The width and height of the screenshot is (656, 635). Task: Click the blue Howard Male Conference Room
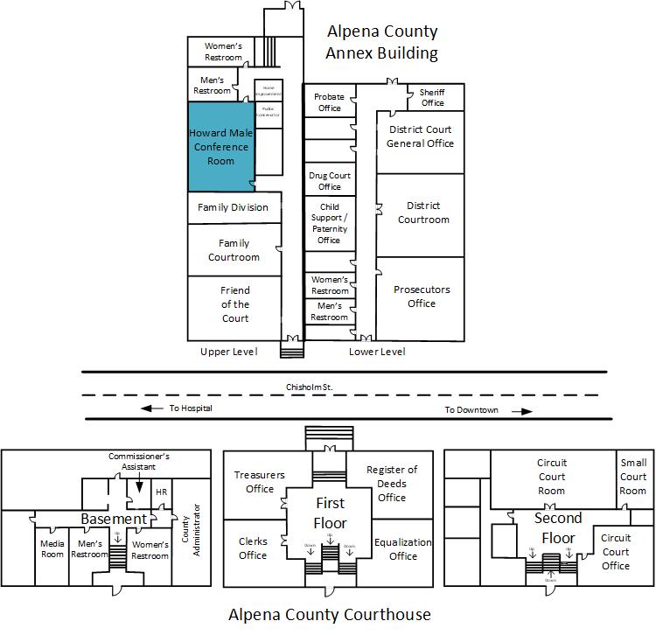point(220,147)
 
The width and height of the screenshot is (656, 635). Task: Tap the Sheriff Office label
point(432,97)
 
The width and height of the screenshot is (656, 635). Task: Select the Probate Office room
point(329,102)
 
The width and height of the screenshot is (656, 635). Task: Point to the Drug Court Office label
point(330,181)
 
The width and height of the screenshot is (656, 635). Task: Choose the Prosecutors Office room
point(421,297)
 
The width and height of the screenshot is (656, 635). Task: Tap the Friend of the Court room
point(234,304)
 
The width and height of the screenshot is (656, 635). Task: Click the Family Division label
point(233,207)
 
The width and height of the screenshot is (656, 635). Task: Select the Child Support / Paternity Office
point(329,224)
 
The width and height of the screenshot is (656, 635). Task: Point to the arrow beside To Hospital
point(152,408)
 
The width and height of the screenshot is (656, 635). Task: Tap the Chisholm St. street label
point(311,386)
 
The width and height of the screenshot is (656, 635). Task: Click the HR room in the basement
point(161,492)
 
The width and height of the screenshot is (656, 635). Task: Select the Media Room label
point(52,549)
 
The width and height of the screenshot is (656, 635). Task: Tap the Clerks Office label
point(253,548)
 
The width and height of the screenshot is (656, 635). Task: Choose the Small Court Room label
point(633,477)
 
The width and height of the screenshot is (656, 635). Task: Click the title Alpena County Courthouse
point(329,614)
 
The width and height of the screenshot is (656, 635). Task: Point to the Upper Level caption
point(228,352)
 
